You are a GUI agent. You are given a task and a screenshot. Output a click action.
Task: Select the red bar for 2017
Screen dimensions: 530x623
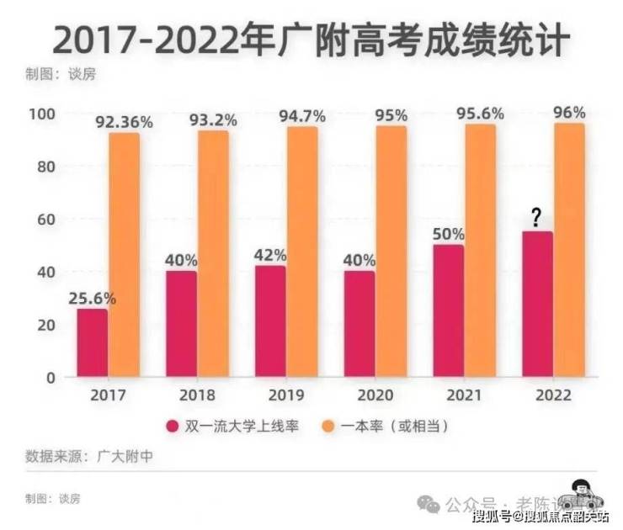(x=92, y=342)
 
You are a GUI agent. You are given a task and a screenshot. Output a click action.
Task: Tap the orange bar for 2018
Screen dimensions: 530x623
(x=214, y=253)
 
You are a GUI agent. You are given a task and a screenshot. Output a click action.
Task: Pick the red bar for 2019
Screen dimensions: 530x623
(x=270, y=321)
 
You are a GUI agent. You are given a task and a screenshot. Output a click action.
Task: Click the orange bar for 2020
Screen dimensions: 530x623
(x=391, y=251)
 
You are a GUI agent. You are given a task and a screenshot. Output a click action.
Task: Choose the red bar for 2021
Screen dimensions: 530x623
(x=448, y=310)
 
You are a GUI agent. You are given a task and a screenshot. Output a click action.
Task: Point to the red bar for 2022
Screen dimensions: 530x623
(x=538, y=304)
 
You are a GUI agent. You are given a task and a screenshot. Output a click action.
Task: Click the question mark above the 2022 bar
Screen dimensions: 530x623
(x=535, y=219)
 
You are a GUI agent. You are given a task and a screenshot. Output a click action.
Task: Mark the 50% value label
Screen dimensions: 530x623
(x=448, y=233)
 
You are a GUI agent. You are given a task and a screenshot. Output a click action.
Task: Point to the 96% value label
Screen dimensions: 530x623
(x=568, y=113)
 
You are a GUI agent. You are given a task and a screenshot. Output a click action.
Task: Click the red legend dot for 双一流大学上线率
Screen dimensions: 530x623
(x=173, y=427)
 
